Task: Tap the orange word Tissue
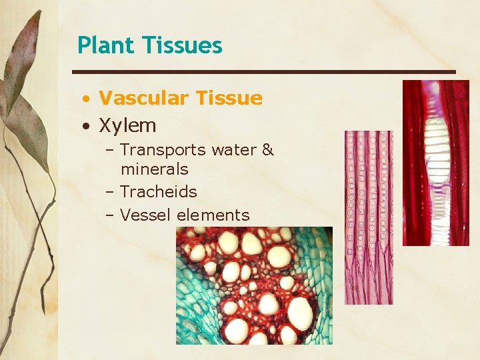[228, 98]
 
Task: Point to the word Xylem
[127, 125]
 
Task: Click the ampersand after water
[268, 150]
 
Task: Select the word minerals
[154, 169]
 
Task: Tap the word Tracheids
[159, 192]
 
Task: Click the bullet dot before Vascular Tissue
[87, 99]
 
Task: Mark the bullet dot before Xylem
[87, 126]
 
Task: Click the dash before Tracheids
[110, 193]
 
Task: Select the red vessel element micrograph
[436, 163]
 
